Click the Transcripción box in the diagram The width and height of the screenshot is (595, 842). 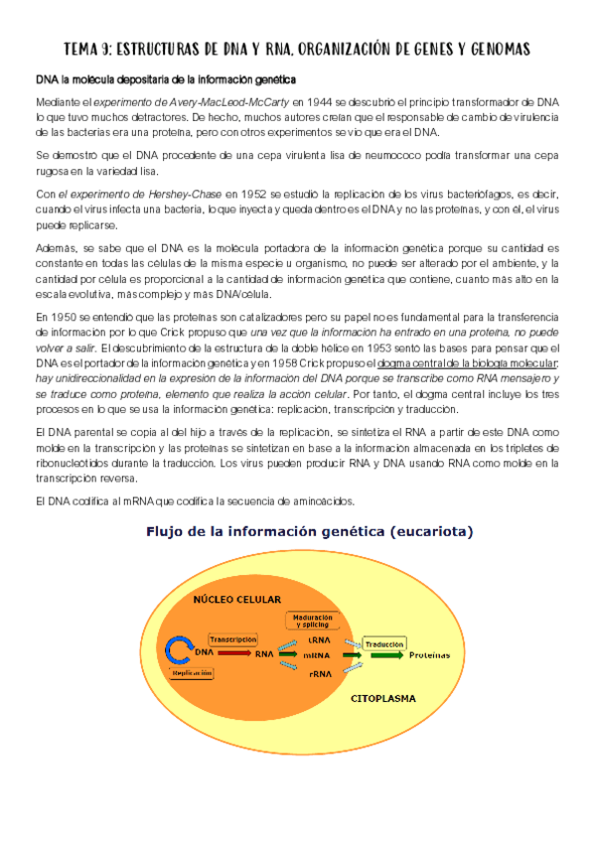point(232,639)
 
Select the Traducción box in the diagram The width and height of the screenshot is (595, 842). point(383,643)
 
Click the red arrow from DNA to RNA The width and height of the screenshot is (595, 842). point(233,653)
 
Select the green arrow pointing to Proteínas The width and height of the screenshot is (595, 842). point(387,655)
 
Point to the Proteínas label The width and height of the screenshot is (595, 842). point(429,655)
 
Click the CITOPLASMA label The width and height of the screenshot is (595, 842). point(382,698)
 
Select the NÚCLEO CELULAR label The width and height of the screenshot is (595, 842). point(237,600)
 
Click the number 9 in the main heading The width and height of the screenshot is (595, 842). point(114,49)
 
